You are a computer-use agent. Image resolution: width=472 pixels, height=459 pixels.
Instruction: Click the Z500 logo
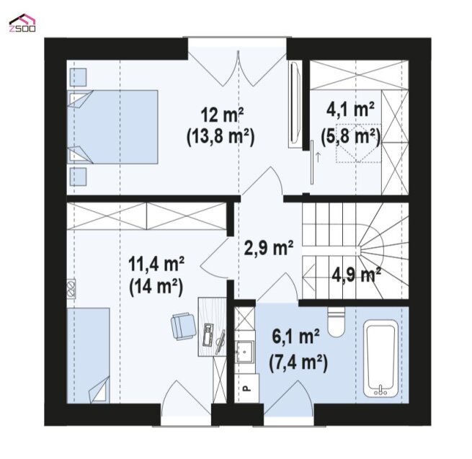click(x=22, y=23)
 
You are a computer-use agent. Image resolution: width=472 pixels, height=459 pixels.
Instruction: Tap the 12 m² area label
click(x=222, y=115)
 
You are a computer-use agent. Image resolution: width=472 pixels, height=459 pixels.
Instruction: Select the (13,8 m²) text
click(x=221, y=137)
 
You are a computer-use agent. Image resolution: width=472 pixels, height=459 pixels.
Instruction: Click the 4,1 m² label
click(x=350, y=110)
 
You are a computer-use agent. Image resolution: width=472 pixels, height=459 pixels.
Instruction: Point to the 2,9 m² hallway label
click(x=269, y=248)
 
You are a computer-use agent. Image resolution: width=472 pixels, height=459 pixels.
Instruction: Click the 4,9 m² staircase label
click(x=357, y=275)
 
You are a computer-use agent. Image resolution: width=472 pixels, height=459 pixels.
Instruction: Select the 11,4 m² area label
click(x=156, y=264)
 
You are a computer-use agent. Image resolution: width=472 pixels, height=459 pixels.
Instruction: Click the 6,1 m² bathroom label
click(x=296, y=337)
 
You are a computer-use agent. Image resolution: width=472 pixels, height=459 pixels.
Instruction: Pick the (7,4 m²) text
click(x=298, y=362)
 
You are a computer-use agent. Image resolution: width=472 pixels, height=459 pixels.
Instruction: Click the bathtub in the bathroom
click(x=381, y=359)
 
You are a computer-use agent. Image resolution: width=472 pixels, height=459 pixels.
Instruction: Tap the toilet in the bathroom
click(x=336, y=322)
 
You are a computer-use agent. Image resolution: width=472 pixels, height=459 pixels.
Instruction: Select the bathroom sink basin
click(x=244, y=352)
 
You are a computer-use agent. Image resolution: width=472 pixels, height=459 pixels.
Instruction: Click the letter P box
click(x=246, y=388)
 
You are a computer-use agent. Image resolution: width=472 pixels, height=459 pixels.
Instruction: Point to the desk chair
click(x=183, y=326)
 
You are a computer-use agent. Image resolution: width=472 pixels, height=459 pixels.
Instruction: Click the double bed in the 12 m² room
click(x=112, y=127)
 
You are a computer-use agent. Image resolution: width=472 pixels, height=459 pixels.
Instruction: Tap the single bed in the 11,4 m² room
click(x=88, y=355)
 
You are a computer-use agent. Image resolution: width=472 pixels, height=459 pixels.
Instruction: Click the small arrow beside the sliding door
click(x=317, y=157)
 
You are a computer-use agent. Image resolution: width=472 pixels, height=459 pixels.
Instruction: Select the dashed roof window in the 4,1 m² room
click(x=359, y=143)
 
